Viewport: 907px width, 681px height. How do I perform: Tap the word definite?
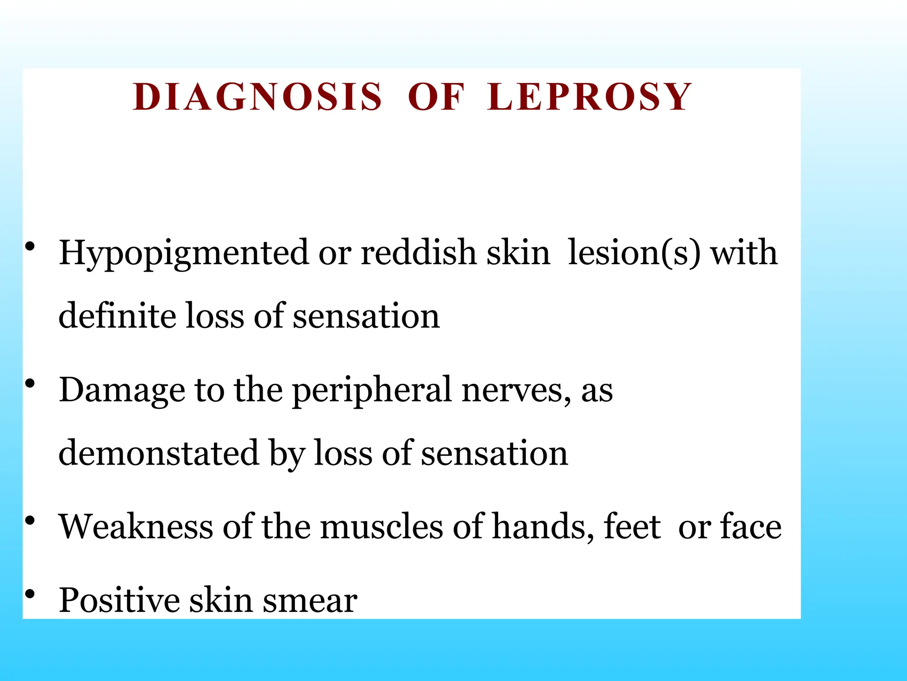117,316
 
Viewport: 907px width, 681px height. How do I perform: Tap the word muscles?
381,527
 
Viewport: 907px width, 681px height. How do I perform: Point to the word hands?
543,527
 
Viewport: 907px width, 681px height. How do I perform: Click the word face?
751,527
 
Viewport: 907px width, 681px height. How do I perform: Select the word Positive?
120,600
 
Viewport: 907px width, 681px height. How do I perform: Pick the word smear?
310,601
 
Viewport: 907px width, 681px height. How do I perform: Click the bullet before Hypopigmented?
30,247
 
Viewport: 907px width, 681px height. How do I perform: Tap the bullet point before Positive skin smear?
30,594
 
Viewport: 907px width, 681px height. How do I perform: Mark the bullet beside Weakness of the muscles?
30,521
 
